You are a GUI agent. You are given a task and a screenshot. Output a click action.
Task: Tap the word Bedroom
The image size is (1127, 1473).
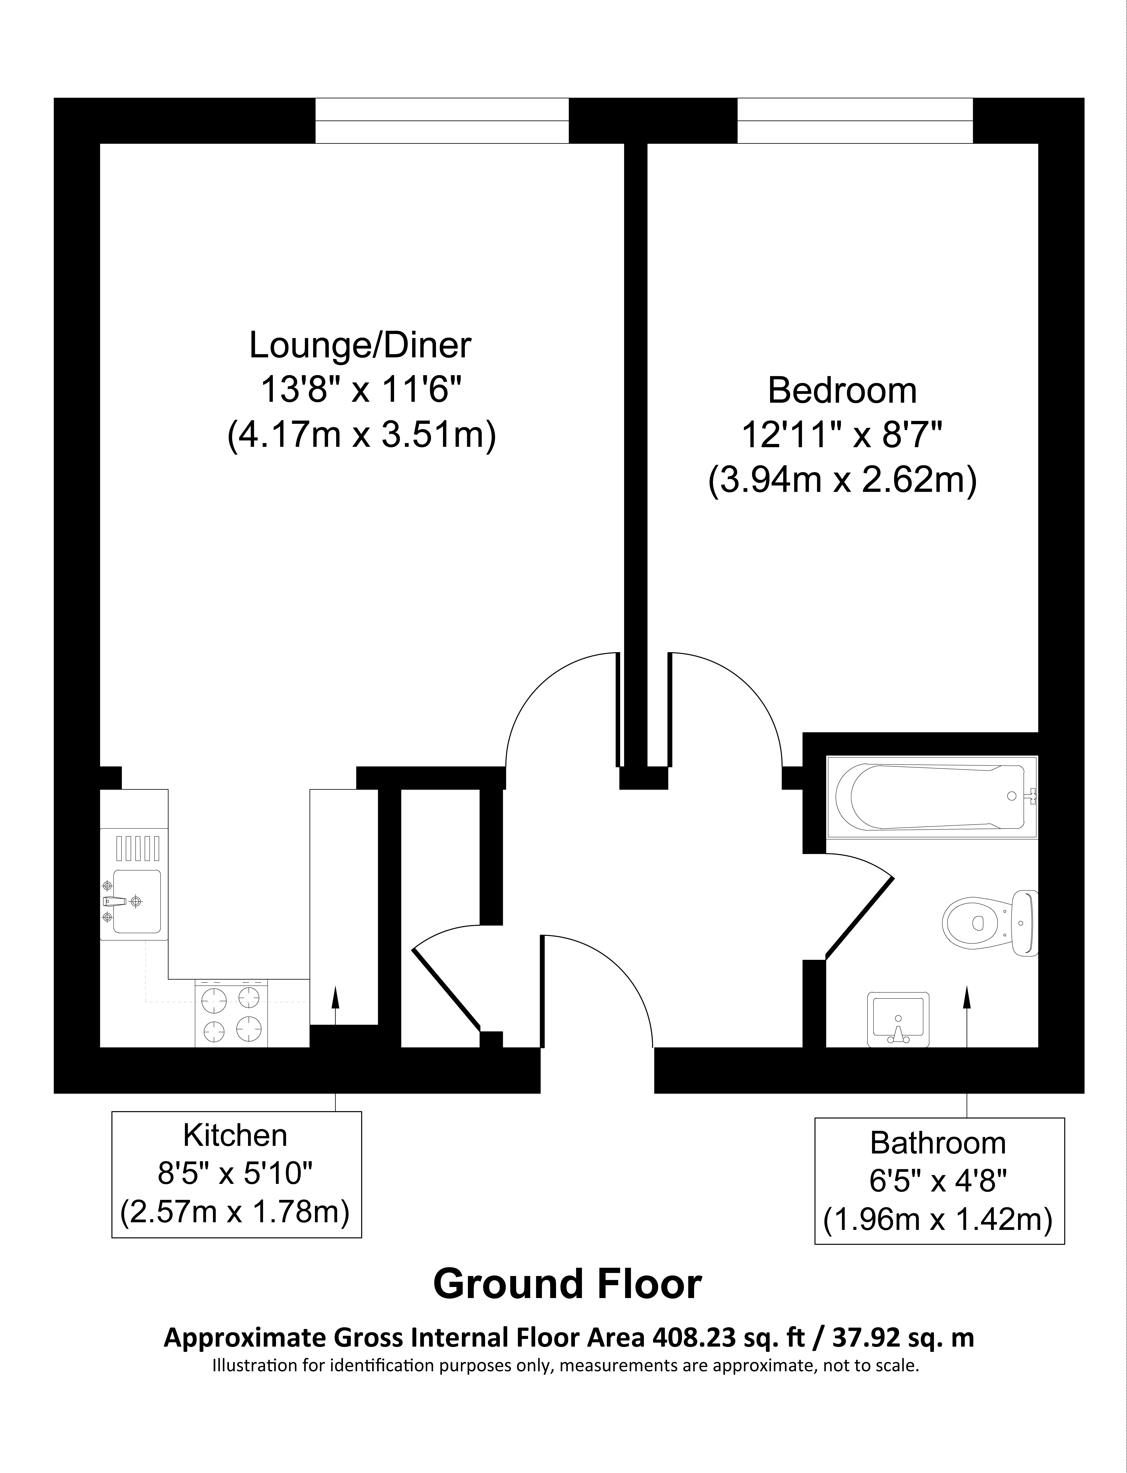[x=842, y=391]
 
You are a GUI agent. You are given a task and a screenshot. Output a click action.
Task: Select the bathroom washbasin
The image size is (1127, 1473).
[x=898, y=1019]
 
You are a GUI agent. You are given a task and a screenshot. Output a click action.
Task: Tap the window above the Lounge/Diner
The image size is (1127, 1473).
[x=442, y=121]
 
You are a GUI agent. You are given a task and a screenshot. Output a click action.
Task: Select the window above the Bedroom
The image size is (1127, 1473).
[x=855, y=121]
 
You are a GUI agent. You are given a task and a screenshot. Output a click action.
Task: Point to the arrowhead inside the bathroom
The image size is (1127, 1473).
[x=967, y=997]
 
